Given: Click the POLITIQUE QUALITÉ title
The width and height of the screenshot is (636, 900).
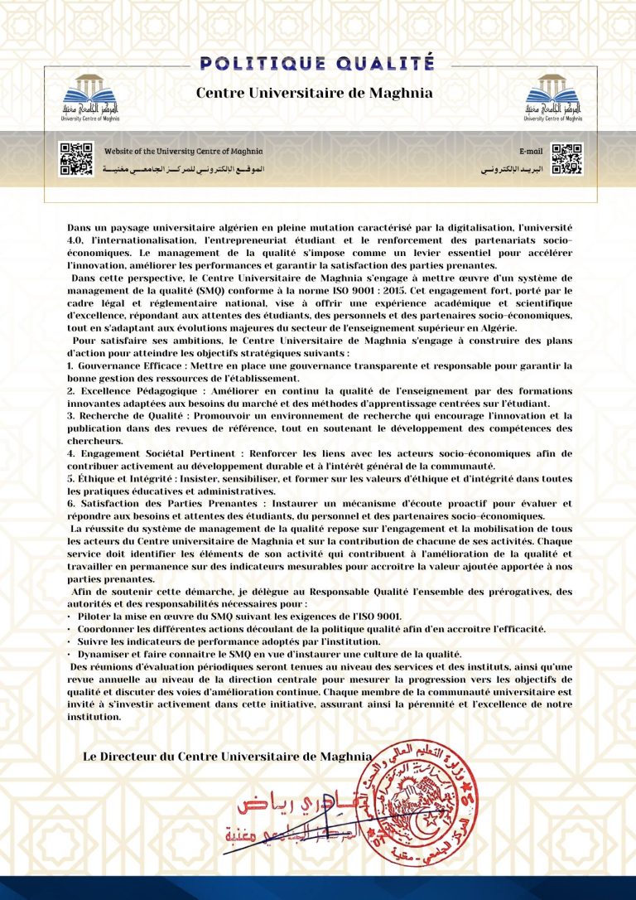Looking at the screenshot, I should (x=317, y=63).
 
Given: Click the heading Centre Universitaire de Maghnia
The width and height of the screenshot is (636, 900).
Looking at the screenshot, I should (x=314, y=93).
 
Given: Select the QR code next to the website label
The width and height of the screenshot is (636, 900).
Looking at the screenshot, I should (x=75, y=159).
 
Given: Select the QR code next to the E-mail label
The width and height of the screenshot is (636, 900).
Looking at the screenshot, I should (x=567, y=159).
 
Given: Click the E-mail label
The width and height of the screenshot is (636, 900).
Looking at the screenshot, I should (x=531, y=152).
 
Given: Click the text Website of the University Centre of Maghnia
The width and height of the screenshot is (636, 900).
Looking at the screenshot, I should (x=184, y=151).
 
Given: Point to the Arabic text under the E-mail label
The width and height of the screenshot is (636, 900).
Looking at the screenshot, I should (x=513, y=168).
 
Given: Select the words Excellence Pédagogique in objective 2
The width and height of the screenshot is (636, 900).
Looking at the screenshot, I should (x=125, y=390).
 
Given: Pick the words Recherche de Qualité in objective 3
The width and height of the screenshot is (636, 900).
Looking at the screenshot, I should (x=121, y=416).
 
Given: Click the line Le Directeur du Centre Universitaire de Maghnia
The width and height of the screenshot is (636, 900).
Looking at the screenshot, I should (x=227, y=756).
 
